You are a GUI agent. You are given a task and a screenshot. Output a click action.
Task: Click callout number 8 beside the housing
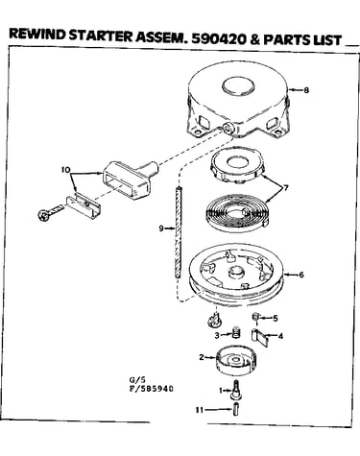point(306,90)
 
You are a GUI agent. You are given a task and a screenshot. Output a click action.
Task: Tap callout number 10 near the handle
point(65,170)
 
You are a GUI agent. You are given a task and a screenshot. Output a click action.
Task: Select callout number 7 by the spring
point(286,187)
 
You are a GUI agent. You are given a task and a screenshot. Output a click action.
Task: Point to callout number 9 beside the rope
point(161,228)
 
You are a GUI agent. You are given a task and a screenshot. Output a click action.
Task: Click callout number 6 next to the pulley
point(301,275)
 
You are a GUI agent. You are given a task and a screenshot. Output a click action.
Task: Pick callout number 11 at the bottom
point(200,410)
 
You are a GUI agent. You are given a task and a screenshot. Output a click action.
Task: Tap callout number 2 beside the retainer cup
point(202,357)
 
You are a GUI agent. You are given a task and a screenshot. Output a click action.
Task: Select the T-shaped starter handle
point(131,179)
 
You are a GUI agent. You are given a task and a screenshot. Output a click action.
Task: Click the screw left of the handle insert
point(50,212)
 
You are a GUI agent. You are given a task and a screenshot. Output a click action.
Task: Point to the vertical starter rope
point(179,232)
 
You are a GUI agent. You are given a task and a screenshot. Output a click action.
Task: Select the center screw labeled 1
point(236,390)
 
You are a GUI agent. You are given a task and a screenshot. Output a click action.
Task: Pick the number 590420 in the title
point(219,38)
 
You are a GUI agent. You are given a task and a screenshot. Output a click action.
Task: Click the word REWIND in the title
point(37,35)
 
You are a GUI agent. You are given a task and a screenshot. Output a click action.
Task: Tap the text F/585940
point(151,389)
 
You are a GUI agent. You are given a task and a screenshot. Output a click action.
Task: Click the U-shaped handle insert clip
point(84,205)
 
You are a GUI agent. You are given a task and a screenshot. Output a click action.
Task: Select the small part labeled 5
point(255,317)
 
